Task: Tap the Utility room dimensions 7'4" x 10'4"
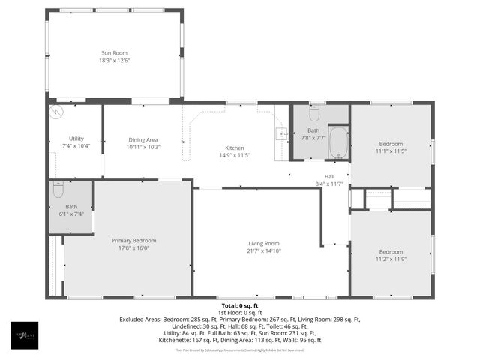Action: [x=76, y=146]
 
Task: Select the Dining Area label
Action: [x=142, y=139]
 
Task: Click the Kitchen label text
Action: [x=235, y=148]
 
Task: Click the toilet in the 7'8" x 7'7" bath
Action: [x=313, y=114]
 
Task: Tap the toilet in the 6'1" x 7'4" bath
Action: [x=58, y=189]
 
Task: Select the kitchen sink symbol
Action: [x=282, y=134]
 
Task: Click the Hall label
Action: [x=329, y=176]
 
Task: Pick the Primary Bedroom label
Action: [x=133, y=240]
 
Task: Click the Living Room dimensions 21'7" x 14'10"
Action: [x=264, y=251]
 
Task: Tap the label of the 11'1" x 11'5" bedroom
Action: [x=391, y=144]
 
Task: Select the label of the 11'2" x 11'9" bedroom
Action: [x=391, y=251]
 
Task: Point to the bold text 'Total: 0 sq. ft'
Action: [x=239, y=305]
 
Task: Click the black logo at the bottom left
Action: [x=24, y=335]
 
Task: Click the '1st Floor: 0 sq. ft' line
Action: [x=239, y=312]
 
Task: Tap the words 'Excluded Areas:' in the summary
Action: [x=141, y=319]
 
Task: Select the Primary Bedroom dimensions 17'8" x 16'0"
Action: [x=133, y=248]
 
